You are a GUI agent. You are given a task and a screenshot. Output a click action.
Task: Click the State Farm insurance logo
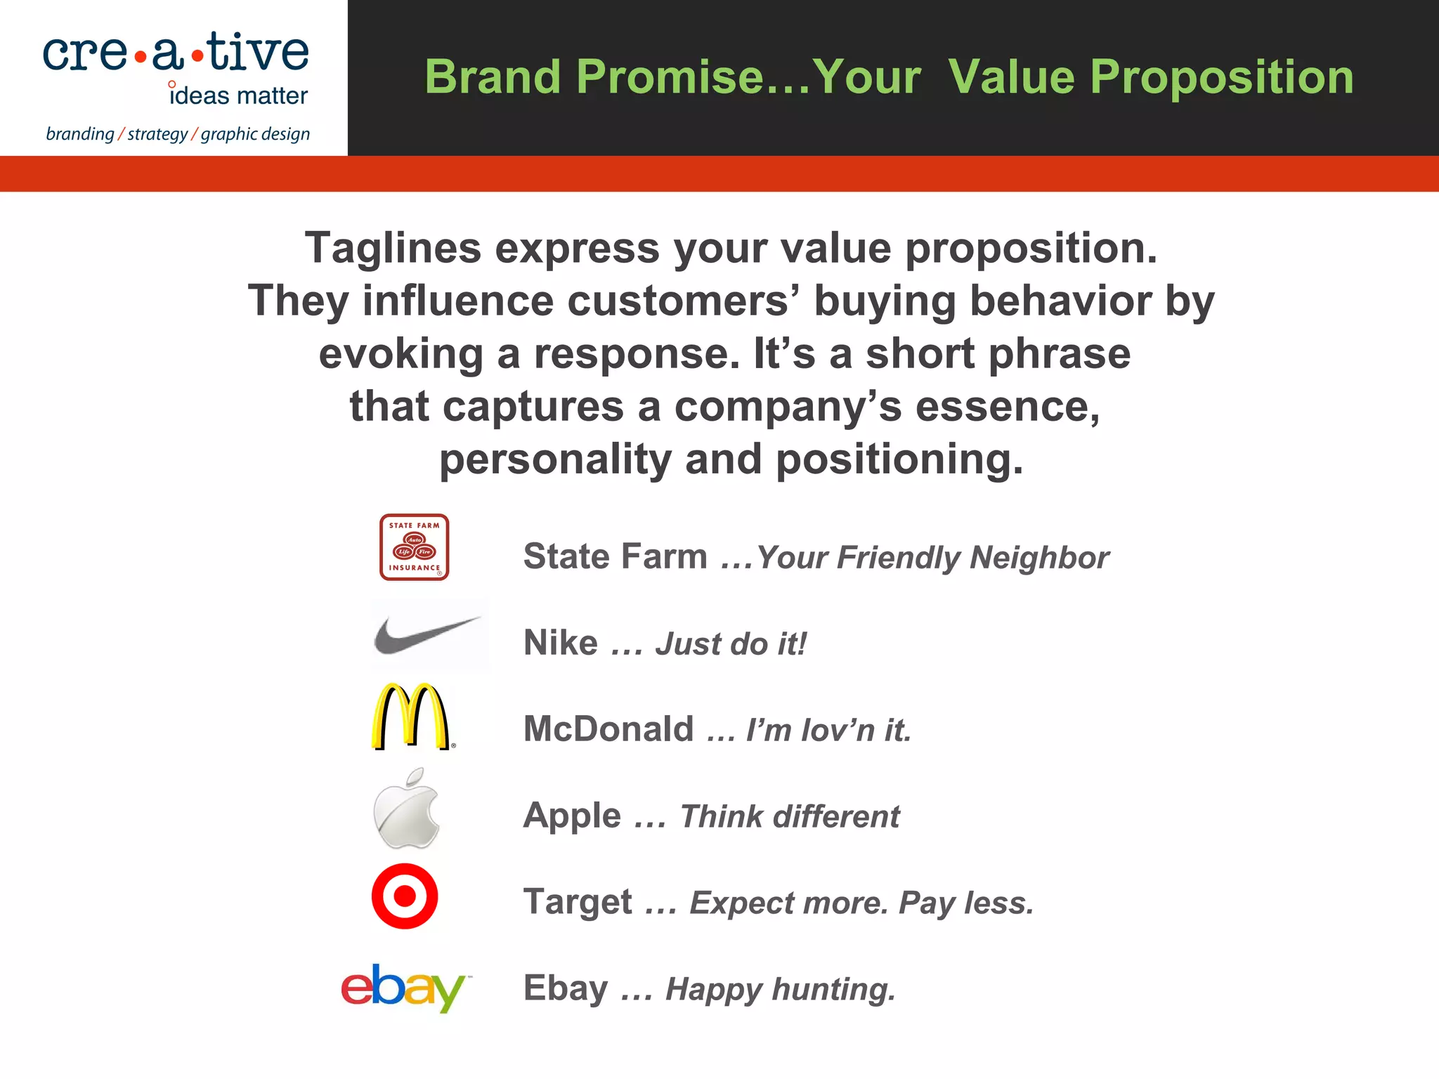[x=414, y=547]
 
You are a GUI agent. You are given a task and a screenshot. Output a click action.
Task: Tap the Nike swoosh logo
[x=427, y=634]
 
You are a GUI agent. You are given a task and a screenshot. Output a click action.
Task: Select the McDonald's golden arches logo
[x=410, y=717]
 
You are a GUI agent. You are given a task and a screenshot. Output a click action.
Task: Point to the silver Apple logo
[x=406, y=809]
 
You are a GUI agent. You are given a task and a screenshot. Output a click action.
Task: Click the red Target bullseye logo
[x=405, y=896]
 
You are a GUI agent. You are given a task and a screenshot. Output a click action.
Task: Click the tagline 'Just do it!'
[x=731, y=643]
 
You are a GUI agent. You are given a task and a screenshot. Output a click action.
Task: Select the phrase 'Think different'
[x=789, y=816]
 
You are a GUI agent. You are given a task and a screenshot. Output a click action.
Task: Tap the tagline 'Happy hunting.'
[x=780, y=989]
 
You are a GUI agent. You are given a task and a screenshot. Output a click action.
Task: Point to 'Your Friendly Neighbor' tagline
[x=932, y=557]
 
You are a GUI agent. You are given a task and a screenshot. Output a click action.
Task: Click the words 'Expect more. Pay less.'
[x=861, y=903]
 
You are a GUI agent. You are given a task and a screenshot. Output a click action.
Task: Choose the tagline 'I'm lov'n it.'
[x=828, y=730]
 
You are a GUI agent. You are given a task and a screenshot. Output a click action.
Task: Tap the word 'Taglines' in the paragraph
[x=393, y=248]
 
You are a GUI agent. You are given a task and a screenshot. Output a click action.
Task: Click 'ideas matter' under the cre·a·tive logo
[x=239, y=96]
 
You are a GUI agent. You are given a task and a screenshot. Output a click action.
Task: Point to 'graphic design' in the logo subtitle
[x=255, y=133]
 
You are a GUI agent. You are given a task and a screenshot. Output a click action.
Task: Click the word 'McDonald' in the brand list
[x=608, y=728]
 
